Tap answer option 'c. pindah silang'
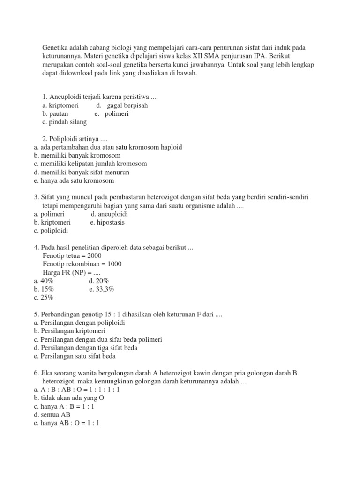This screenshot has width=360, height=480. pyautogui.click(x=64, y=122)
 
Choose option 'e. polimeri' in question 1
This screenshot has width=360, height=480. pyautogui.click(x=112, y=114)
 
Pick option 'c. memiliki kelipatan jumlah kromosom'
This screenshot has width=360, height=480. pyautogui.click(x=90, y=164)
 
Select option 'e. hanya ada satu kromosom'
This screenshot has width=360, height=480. pyautogui.click(x=74, y=180)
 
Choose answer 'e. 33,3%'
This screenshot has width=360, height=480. pyautogui.click(x=102, y=289)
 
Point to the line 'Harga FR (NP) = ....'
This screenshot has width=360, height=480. pyautogui.click(x=71, y=272)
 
